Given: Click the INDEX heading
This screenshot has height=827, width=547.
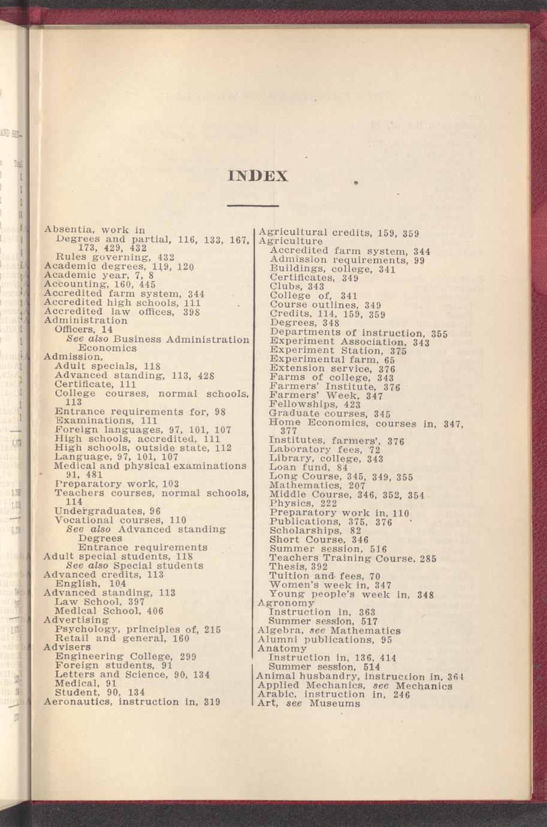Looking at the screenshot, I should click(258, 176).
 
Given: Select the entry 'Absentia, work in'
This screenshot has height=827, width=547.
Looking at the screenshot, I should click(95, 229).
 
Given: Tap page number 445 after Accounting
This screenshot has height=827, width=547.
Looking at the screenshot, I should click(147, 284).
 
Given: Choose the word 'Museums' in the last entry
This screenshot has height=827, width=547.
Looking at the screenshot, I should click(335, 704).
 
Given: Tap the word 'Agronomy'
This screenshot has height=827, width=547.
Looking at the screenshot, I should click(286, 602).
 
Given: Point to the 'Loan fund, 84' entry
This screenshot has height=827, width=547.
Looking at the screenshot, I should click(308, 467).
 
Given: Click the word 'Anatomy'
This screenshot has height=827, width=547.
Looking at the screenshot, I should click(282, 648).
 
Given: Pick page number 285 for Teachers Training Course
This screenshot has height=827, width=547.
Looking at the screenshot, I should click(428, 559).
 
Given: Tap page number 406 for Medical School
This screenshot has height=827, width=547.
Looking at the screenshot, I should click(155, 611).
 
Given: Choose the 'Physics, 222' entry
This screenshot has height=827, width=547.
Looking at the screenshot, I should click(303, 503).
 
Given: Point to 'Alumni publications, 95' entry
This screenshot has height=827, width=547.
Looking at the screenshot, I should click(325, 639).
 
